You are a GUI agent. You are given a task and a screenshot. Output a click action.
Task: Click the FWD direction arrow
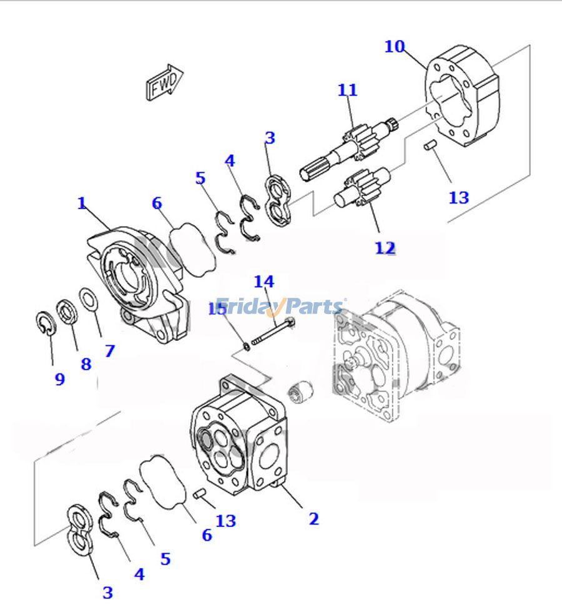coord(164,82)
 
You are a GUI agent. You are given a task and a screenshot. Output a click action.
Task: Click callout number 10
coord(395,46)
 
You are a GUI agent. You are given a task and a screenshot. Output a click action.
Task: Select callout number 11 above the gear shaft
coord(347,90)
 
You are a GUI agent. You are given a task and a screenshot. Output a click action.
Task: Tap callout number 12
coord(385,248)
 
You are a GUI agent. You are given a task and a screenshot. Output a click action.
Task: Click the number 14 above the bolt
coord(264,282)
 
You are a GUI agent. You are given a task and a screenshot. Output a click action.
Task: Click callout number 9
coord(59,379)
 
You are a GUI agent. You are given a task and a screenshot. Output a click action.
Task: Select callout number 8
coord(86,364)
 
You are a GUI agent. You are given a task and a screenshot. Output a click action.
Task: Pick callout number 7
coord(110,351)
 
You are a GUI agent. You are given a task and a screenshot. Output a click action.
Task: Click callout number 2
coord(313,518)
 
